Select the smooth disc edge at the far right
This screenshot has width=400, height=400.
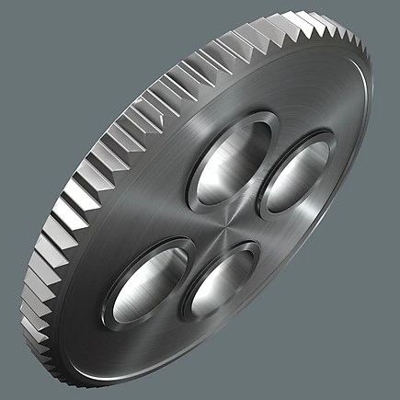[370, 129]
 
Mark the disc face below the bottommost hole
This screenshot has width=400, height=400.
[211, 345]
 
